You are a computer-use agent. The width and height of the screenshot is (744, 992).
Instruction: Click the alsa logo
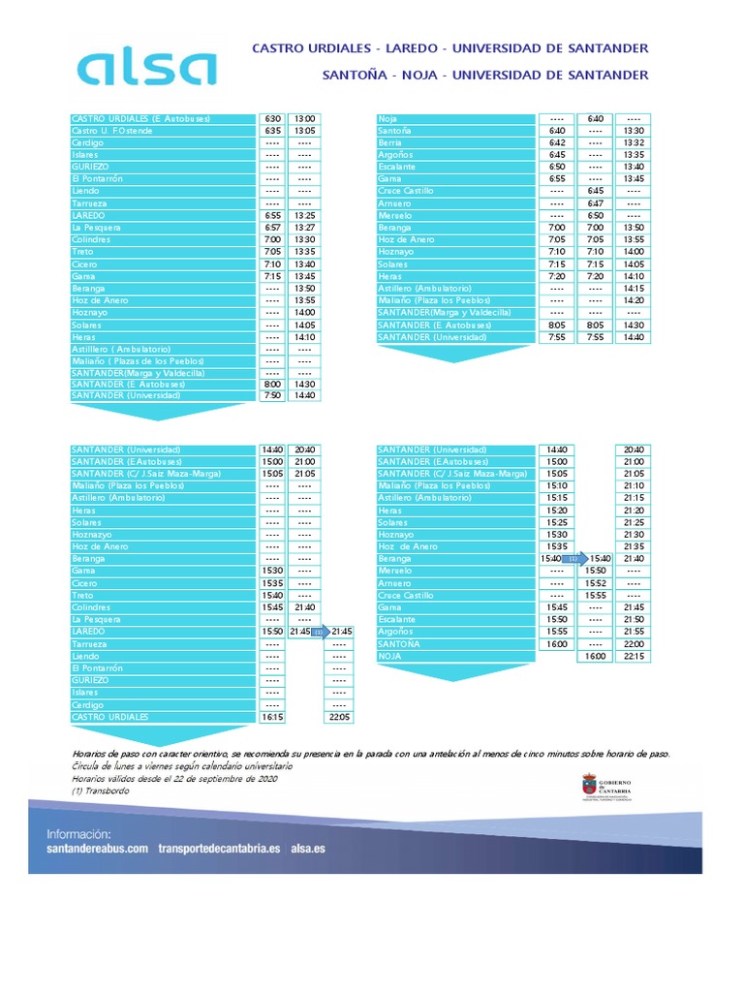coord(146,68)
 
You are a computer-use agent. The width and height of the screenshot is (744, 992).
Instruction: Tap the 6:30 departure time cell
coord(272,118)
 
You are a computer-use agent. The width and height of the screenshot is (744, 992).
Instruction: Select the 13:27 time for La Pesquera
coord(304,228)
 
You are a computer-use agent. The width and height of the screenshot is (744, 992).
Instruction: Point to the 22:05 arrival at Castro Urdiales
coord(339,717)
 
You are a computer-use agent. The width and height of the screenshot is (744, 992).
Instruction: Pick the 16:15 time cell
coord(272,717)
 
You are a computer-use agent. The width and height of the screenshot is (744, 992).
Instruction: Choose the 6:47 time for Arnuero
coord(595,203)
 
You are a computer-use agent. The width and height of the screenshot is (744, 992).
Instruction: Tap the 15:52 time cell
coord(595,583)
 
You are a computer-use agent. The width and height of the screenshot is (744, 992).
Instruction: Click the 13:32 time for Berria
coord(634,142)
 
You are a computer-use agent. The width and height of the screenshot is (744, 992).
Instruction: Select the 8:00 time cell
coord(272,384)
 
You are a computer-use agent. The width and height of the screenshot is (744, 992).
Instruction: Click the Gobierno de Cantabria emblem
coord(588,786)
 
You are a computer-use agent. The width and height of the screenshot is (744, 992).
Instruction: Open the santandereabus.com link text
coord(97,848)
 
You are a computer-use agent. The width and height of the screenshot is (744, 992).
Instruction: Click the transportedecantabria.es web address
coord(219,848)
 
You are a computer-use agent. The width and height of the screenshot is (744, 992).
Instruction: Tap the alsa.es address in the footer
coord(308,848)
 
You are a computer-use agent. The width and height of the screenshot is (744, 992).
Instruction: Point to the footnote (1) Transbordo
coord(100,790)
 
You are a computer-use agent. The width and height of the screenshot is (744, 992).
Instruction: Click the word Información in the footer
coord(78,833)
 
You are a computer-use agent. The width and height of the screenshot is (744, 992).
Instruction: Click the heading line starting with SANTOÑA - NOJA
coord(485,75)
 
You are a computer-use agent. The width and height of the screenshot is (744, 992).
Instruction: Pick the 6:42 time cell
coord(556,142)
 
